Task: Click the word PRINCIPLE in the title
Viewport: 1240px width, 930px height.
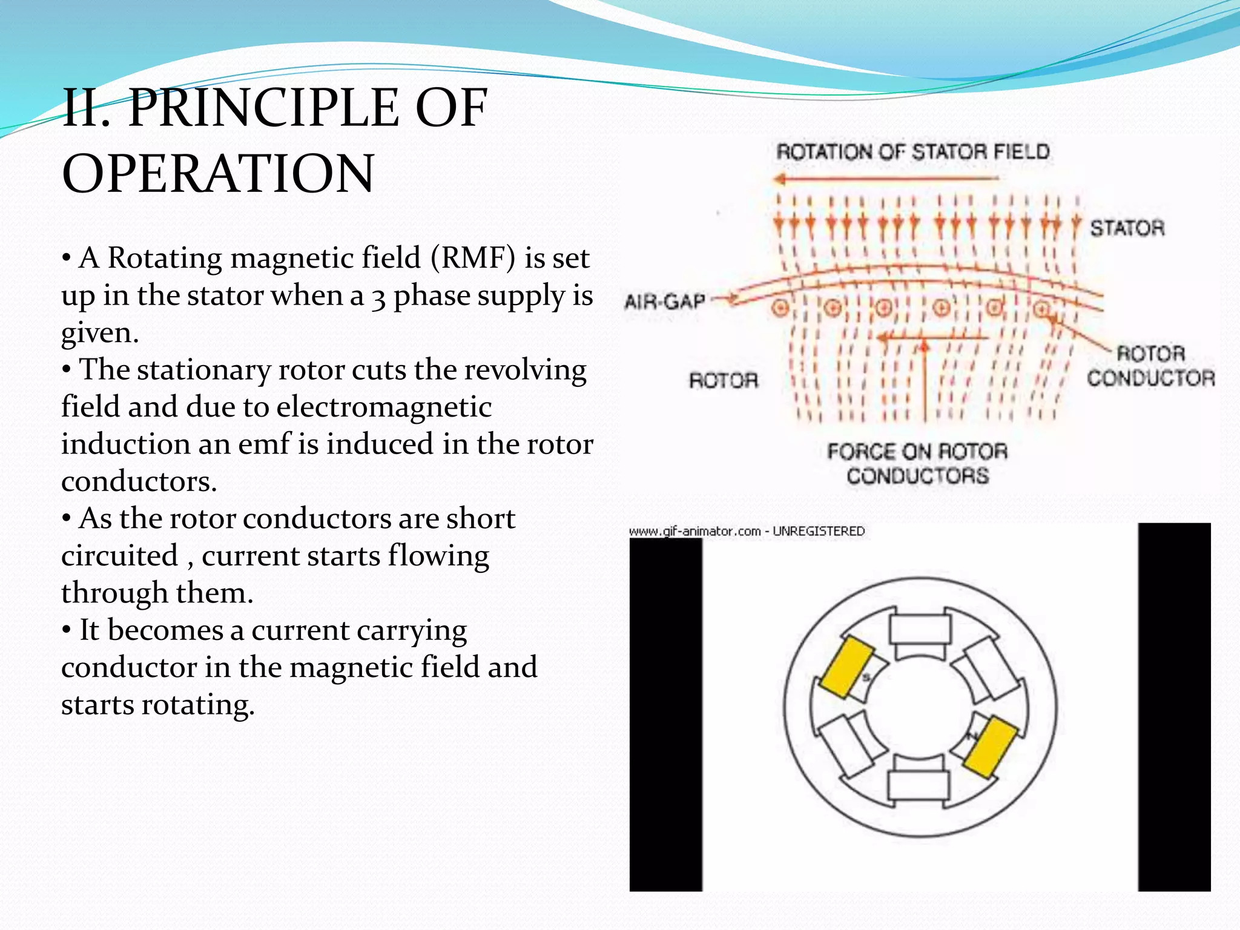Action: tap(264, 108)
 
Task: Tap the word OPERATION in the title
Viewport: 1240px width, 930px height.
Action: tap(218, 173)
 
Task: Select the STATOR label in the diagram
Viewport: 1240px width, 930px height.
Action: tap(1127, 228)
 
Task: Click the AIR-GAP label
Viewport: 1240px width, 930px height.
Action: tap(664, 301)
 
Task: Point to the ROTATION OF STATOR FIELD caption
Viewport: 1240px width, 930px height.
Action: tap(912, 151)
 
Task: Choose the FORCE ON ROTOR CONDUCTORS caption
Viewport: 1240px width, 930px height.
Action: tap(917, 463)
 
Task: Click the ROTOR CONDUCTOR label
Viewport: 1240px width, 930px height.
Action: tap(1150, 366)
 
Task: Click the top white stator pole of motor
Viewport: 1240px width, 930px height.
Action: tap(919, 630)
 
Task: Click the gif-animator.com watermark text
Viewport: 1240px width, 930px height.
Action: tap(747, 531)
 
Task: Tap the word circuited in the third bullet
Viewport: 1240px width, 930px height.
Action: tap(120, 555)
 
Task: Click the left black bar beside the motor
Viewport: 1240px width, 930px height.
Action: tap(665, 714)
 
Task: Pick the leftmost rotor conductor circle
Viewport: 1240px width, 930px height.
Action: tap(780, 308)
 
